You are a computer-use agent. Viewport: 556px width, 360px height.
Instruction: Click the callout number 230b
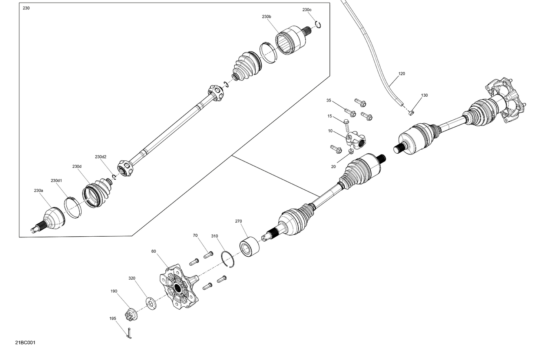click(x=267, y=17)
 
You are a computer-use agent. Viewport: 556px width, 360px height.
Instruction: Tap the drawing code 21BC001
click(x=26, y=343)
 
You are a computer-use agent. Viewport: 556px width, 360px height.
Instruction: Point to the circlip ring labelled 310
click(x=227, y=259)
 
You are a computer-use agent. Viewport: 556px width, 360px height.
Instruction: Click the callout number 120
click(x=402, y=74)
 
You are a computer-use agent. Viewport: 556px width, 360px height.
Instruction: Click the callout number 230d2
click(x=100, y=157)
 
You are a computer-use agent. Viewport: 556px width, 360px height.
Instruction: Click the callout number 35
click(x=329, y=100)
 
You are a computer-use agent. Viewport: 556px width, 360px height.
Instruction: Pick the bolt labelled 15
click(x=346, y=124)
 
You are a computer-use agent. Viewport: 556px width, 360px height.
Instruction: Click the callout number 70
click(x=195, y=235)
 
